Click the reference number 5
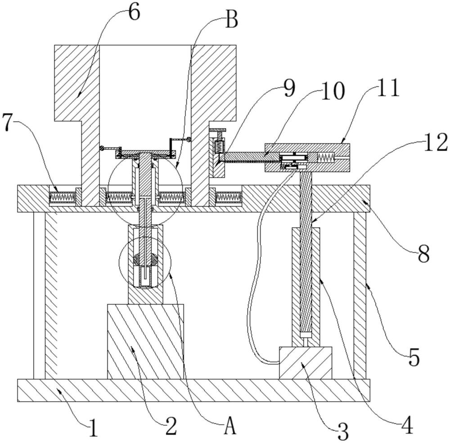point(414,358)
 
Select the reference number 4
point(406,425)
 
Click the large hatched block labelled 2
point(145,341)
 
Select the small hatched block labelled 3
point(305,362)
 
